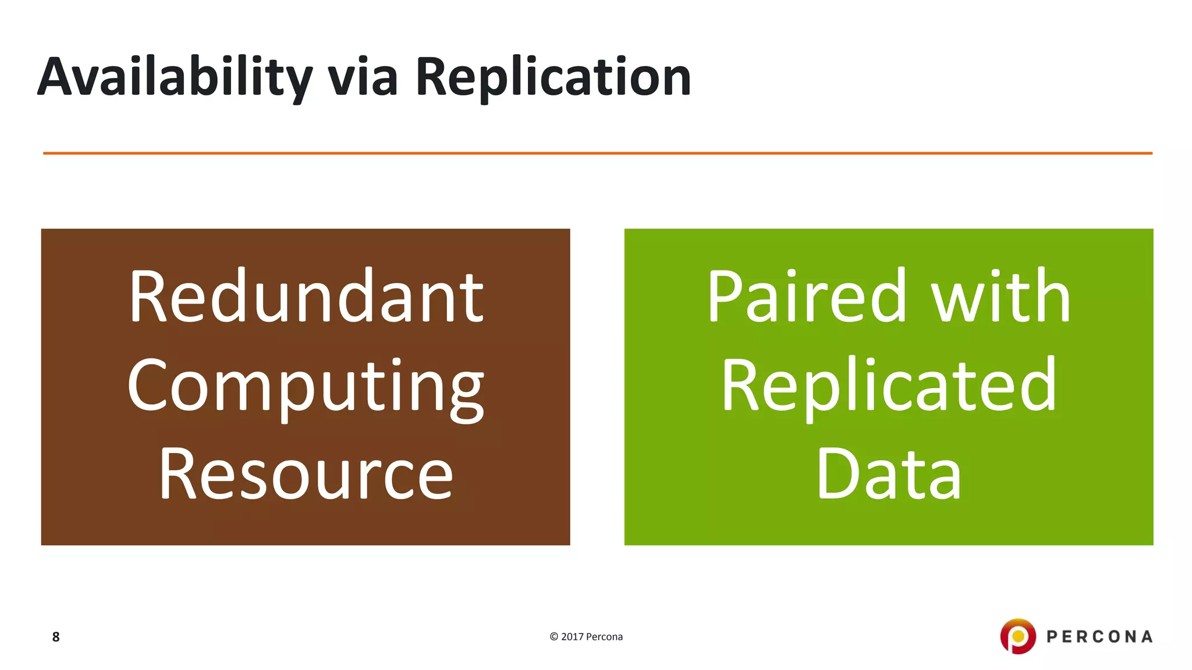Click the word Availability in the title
[x=175, y=77]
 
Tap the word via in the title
[x=363, y=77]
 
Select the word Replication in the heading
[x=553, y=77]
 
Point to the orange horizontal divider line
[x=597, y=154]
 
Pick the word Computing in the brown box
[x=306, y=387]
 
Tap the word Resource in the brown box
[x=306, y=474]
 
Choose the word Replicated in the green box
[x=889, y=387]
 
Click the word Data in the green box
[x=889, y=474]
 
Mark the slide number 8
[x=56, y=637]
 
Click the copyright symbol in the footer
[x=554, y=637]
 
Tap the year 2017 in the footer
[x=572, y=637]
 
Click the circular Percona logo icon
[x=1018, y=636]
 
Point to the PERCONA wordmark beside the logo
[x=1099, y=637]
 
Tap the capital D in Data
[x=836, y=474]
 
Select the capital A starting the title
[x=59, y=77]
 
